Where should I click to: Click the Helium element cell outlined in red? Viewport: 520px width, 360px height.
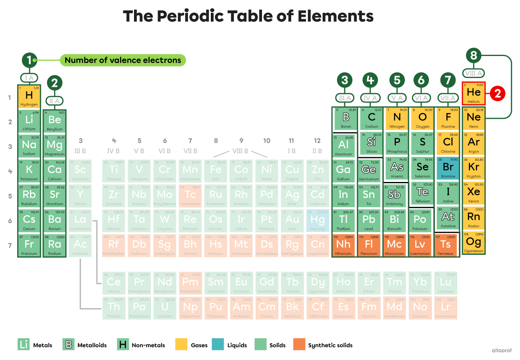[474, 94]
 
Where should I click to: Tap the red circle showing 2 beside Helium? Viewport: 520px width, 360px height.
[498, 94]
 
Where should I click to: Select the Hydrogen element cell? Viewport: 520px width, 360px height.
[29, 96]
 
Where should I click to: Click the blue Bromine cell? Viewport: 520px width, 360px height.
[448, 168]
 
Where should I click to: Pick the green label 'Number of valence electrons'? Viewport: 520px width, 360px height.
[123, 60]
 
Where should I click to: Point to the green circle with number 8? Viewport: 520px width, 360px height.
[474, 56]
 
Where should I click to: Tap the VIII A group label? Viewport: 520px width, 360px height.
[474, 73]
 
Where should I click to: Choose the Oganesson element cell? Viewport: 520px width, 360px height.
[474, 243]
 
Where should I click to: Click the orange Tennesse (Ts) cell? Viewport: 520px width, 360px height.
[446, 245]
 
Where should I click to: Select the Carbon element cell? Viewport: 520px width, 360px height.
[372, 118]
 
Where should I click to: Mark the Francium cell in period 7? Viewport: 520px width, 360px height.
[29, 245]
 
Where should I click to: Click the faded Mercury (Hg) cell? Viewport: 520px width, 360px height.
[318, 220]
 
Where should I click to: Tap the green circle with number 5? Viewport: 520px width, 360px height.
[397, 80]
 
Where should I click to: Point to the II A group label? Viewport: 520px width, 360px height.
[54, 101]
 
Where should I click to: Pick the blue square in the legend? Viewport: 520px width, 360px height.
[218, 344]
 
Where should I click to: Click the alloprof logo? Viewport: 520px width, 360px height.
[502, 350]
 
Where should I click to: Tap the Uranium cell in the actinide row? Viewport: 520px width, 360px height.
[165, 308]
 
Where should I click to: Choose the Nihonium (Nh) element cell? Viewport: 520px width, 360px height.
[343, 245]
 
